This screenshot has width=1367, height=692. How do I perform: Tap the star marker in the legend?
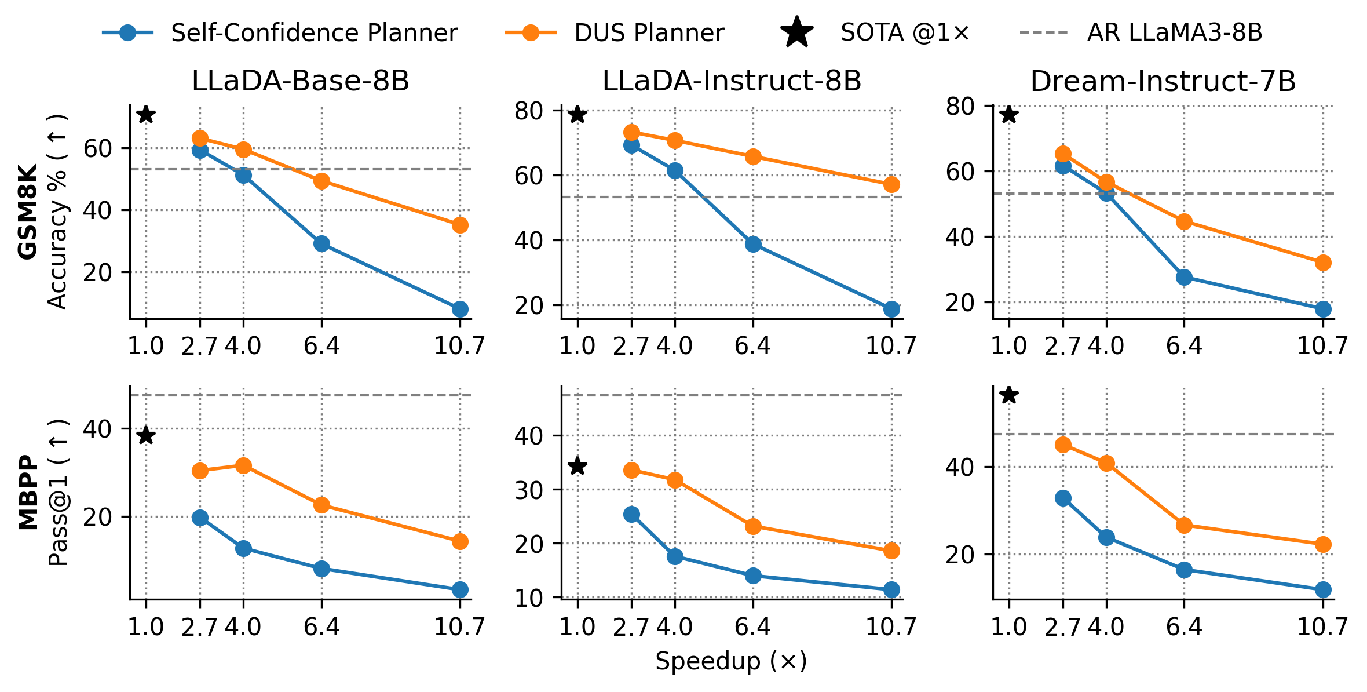pyautogui.click(x=797, y=32)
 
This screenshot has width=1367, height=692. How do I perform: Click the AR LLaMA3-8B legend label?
pyautogui.click(x=1175, y=32)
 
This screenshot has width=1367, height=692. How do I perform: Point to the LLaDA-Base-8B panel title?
pyautogui.click(x=301, y=81)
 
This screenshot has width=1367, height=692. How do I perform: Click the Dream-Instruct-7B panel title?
pyautogui.click(x=1163, y=81)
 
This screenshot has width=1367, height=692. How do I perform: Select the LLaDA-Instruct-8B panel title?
pyautogui.click(x=732, y=81)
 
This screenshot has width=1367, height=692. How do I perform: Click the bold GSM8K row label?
pyautogui.click(x=28, y=212)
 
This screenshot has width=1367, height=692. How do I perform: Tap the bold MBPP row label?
pyautogui.click(x=28, y=492)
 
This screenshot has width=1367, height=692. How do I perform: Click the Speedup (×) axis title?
pyautogui.click(x=731, y=661)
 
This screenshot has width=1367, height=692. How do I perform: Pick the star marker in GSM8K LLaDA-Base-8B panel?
pyautogui.click(x=146, y=115)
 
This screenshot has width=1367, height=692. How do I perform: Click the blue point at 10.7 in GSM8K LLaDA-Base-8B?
pyautogui.click(x=460, y=309)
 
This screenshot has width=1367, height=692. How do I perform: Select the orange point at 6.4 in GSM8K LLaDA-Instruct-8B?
pyautogui.click(x=753, y=156)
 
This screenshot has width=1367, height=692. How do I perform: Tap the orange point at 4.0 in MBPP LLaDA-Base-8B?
pyautogui.click(x=243, y=465)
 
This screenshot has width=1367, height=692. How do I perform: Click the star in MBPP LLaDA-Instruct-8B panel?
pyautogui.click(x=577, y=466)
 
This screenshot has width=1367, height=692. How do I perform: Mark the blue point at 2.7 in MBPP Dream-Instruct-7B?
pyautogui.click(x=1063, y=498)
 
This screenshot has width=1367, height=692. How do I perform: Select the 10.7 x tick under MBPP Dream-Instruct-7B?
pyautogui.click(x=1322, y=627)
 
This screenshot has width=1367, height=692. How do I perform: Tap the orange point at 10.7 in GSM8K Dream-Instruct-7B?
pyautogui.click(x=1323, y=263)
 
